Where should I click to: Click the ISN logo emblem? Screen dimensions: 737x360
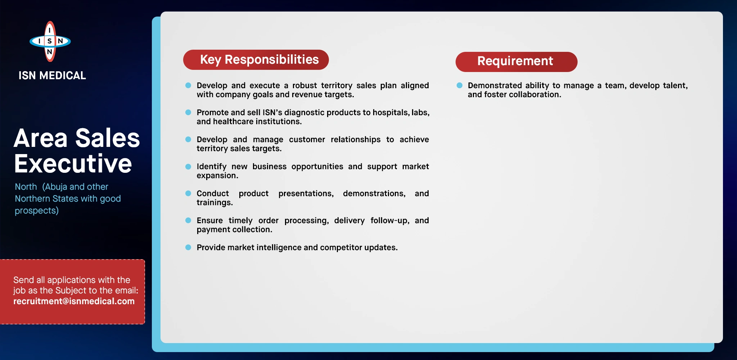pyautogui.click(x=50, y=41)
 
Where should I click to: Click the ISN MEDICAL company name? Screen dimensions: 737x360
pyautogui.click(x=52, y=76)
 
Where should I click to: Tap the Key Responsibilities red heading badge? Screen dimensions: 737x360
pyautogui.click(x=256, y=60)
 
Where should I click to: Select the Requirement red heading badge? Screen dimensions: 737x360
pyautogui.click(x=516, y=62)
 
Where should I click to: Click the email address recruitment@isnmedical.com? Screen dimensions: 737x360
pyautogui.click(x=74, y=301)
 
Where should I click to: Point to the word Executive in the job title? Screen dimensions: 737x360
pyautogui.click(x=73, y=164)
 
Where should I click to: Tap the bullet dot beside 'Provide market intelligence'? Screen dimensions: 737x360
pyautogui.click(x=188, y=247)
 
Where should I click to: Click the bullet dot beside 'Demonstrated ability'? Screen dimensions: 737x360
pyautogui.click(x=460, y=85)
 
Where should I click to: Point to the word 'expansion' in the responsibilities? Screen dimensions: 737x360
pyautogui.click(x=217, y=176)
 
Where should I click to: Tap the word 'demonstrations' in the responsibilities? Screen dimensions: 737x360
pyautogui.click(x=374, y=194)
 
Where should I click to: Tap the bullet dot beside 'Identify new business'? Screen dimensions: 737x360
pyautogui.click(x=188, y=166)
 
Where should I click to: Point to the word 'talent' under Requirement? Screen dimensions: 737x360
pyautogui.click(x=675, y=86)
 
